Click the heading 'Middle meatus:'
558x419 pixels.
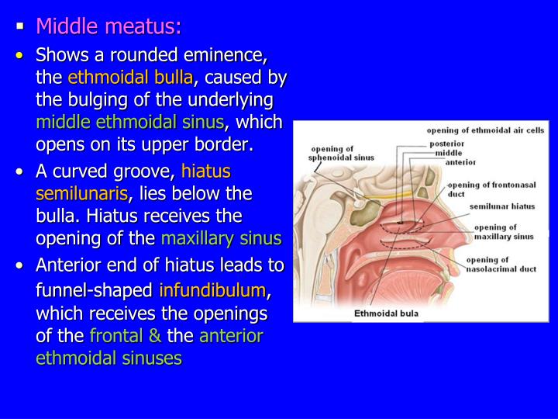pyautogui.click(x=108, y=28)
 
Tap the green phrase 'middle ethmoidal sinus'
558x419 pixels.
pyautogui.click(x=130, y=122)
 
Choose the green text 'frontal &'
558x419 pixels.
pyautogui.click(x=125, y=336)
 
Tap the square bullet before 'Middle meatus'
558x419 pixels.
pyautogui.click(x=22, y=28)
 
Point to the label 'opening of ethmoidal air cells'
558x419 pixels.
pyautogui.click(x=486, y=131)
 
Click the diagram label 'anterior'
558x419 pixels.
pyautogui.click(x=460, y=162)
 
